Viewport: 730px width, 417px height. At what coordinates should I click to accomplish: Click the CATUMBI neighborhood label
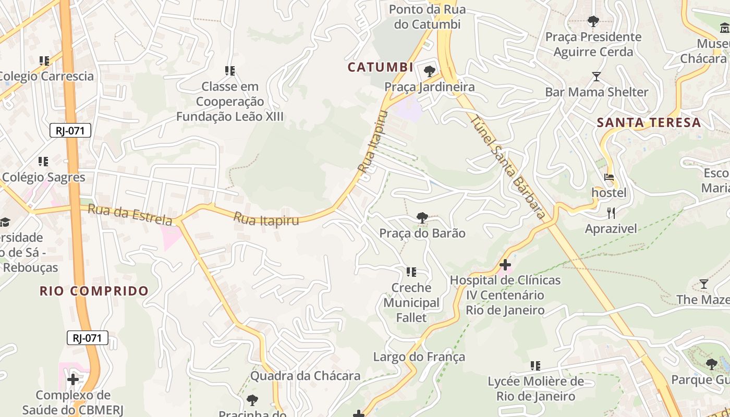[x=381, y=67]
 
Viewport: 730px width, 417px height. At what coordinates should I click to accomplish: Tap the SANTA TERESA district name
[x=649, y=123]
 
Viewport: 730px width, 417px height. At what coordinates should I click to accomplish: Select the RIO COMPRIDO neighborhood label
[x=94, y=291]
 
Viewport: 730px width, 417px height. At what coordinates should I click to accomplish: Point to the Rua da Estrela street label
[x=130, y=214]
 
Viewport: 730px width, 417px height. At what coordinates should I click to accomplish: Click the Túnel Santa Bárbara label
[x=508, y=167]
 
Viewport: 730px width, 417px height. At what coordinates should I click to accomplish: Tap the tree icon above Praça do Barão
[x=422, y=217]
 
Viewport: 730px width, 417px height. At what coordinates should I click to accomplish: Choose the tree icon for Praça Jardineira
[x=430, y=71]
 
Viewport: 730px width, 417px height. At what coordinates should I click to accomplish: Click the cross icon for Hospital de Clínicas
[x=504, y=264]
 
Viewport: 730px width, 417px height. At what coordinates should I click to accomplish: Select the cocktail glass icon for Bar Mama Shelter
[x=597, y=77]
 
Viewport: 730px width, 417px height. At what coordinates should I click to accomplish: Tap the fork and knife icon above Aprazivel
[x=611, y=213]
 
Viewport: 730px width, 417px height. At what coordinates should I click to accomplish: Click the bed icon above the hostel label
[x=609, y=177]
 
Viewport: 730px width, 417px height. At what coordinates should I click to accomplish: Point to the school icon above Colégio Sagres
[x=43, y=162]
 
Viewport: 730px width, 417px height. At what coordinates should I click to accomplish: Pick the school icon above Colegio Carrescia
[x=44, y=60]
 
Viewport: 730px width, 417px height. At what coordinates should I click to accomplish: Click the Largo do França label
[x=419, y=357]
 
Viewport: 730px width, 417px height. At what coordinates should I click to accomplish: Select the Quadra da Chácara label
[x=306, y=376]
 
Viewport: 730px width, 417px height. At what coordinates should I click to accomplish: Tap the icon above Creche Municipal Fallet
[x=411, y=272]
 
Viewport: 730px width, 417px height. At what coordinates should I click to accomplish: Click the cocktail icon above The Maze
[x=703, y=284]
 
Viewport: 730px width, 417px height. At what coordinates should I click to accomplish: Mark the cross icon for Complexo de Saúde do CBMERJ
[x=73, y=379]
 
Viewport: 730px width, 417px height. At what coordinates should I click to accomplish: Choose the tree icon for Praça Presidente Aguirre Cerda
[x=593, y=21]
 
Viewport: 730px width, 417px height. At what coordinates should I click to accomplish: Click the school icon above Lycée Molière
[x=536, y=366]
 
